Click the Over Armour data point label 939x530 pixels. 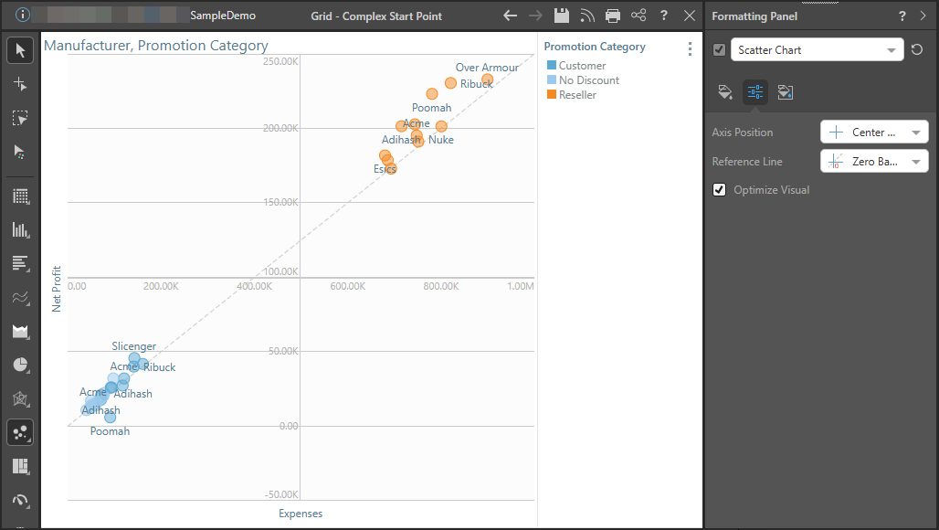coord(487,68)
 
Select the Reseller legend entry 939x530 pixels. coord(577,95)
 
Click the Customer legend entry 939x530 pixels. coord(582,66)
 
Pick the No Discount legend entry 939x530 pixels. coord(588,80)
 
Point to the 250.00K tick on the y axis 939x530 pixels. coord(280,61)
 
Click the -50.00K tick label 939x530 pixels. coord(280,494)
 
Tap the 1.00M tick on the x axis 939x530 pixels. coord(521,287)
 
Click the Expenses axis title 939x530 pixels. coord(301,514)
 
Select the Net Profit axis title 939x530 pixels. coord(57,289)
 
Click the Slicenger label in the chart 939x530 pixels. coord(134,346)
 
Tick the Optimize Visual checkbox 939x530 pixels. coord(720,190)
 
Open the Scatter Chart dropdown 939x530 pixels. coord(817,50)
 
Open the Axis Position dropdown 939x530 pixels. coord(874,132)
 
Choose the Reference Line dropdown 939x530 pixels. coord(874,162)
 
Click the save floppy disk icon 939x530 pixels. coord(561,16)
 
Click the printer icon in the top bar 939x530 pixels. coord(613,16)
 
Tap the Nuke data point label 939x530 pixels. coord(441,140)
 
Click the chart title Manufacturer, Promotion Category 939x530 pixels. coord(156,46)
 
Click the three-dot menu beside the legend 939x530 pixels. coord(690,49)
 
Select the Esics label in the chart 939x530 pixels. coord(385,169)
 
